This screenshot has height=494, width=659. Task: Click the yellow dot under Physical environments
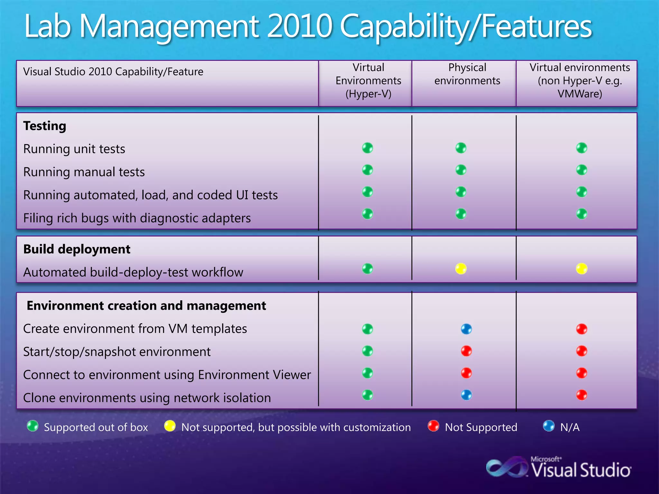pyautogui.click(x=461, y=269)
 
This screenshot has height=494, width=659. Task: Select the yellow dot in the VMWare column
pyautogui.click(x=581, y=269)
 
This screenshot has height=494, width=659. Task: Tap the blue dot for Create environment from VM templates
pyautogui.click(x=466, y=329)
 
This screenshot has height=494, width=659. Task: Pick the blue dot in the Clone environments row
pyautogui.click(x=466, y=395)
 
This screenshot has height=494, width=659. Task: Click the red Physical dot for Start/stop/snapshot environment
pyautogui.click(x=466, y=351)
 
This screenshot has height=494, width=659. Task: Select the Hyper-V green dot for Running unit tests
pyautogui.click(x=367, y=148)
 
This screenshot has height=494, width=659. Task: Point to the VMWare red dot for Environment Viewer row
pyautogui.click(x=581, y=373)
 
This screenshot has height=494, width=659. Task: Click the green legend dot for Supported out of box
pyautogui.click(x=32, y=426)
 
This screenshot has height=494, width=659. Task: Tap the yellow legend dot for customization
pyautogui.click(x=170, y=426)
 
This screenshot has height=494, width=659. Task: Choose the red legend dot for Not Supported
pyautogui.click(x=433, y=426)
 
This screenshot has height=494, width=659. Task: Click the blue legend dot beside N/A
pyautogui.click(x=549, y=426)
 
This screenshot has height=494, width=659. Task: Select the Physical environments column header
pyautogui.click(x=467, y=74)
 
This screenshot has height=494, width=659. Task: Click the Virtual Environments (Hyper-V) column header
pyautogui.click(x=368, y=80)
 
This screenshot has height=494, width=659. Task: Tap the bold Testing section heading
pyautogui.click(x=45, y=126)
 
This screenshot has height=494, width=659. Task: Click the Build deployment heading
pyautogui.click(x=77, y=249)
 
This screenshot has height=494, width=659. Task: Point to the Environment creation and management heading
pyautogui.click(x=146, y=306)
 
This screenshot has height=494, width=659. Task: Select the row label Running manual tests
pyautogui.click(x=84, y=172)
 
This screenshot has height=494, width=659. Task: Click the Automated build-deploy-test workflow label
pyautogui.click(x=133, y=272)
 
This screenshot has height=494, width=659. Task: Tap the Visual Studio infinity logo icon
pyautogui.click(x=506, y=468)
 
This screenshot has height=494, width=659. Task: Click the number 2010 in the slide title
pyautogui.click(x=299, y=26)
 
